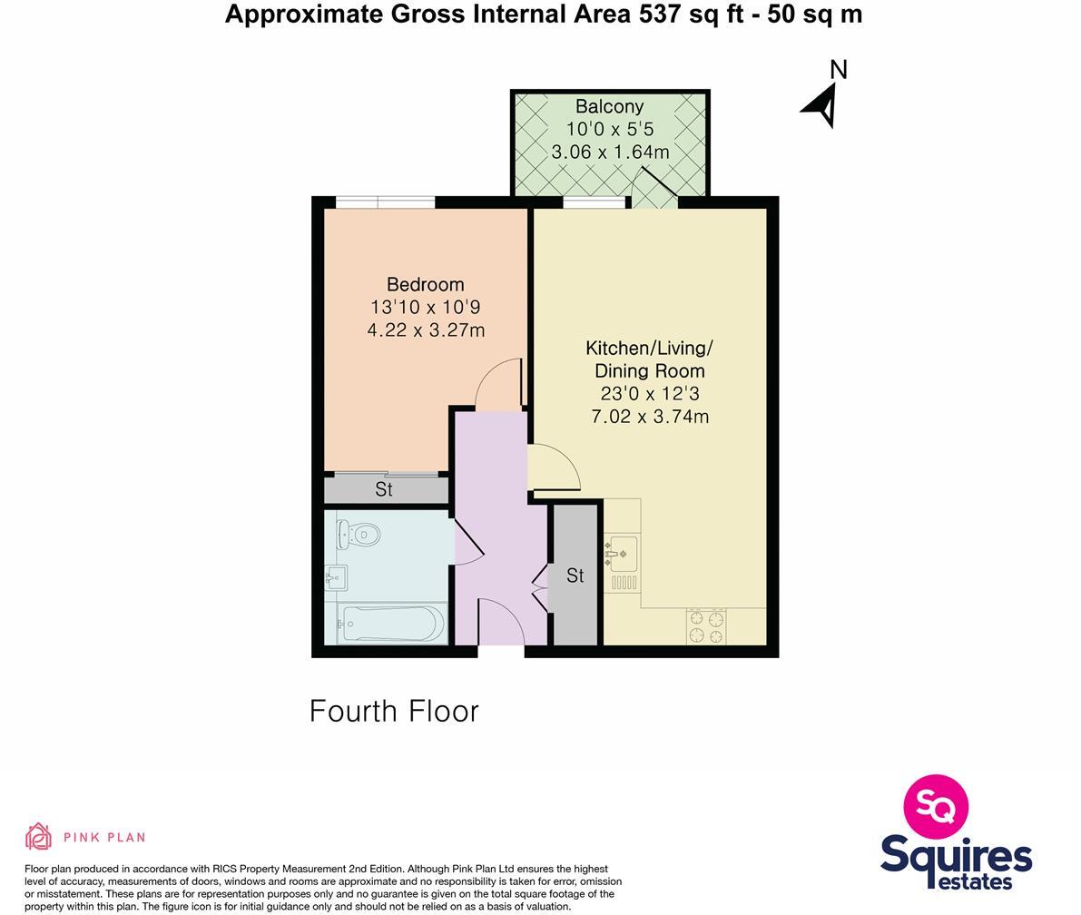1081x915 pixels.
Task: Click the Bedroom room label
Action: pyautogui.click(x=425, y=284)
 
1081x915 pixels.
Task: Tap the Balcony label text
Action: pyautogui.click(x=609, y=106)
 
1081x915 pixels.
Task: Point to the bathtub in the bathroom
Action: pyautogui.click(x=391, y=624)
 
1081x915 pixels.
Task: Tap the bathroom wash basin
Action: pyautogui.click(x=335, y=576)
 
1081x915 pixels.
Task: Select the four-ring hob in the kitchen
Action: pyautogui.click(x=706, y=625)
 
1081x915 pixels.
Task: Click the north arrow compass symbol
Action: pyautogui.click(x=821, y=105)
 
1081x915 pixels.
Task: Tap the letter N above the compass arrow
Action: pyautogui.click(x=839, y=70)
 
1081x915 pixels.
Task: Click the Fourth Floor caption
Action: pyautogui.click(x=394, y=711)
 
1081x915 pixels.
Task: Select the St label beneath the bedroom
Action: pyautogui.click(x=384, y=489)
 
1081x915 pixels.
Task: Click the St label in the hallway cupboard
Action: pyautogui.click(x=575, y=576)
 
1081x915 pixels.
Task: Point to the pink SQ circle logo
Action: pyautogui.click(x=936, y=806)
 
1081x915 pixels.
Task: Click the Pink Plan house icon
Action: pyautogui.click(x=38, y=836)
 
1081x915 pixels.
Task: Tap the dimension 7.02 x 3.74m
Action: pyautogui.click(x=649, y=417)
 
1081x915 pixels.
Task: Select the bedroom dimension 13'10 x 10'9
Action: pyautogui.click(x=425, y=307)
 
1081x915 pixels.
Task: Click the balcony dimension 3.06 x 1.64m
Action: pyautogui.click(x=610, y=152)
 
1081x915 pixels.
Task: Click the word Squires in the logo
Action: pyautogui.click(x=956, y=856)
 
